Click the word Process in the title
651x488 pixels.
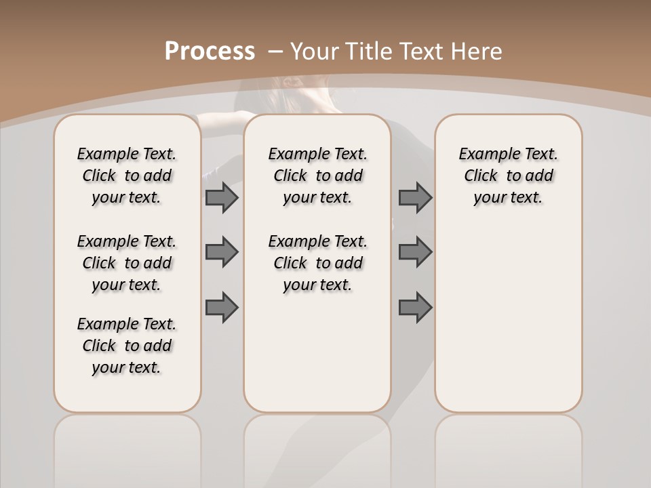(210, 52)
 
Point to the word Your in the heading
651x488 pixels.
(316, 52)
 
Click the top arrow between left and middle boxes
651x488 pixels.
(222, 197)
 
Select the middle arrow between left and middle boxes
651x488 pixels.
(222, 252)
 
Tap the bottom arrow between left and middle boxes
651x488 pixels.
(222, 307)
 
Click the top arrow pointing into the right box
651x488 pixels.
(415, 197)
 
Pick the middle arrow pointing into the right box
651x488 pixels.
(415, 252)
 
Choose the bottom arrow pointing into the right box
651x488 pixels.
(415, 307)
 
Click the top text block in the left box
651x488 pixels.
(127, 176)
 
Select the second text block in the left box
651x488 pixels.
(127, 263)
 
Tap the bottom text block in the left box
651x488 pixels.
(127, 346)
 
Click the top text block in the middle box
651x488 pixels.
(317, 176)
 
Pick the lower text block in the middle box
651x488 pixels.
(317, 263)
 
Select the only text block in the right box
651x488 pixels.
(508, 176)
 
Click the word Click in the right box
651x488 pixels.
(481, 176)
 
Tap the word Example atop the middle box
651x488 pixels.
(294, 155)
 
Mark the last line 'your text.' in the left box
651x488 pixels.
(127, 367)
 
